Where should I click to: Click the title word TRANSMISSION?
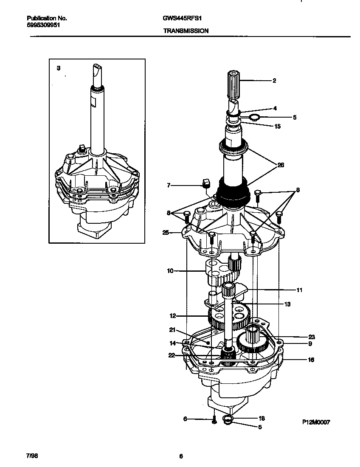click(x=186, y=31)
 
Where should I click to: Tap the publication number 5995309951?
click(x=43, y=25)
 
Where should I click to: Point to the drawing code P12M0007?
click(x=316, y=422)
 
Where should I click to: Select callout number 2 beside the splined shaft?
click(x=274, y=80)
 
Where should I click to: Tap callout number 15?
click(x=277, y=126)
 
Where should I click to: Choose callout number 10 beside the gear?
click(x=170, y=270)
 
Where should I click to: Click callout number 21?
click(x=172, y=330)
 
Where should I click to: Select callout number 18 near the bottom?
click(x=262, y=418)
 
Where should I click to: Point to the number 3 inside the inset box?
click(x=59, y=68)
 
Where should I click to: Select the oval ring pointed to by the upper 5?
click(x=254, y=117)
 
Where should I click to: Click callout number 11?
click(x=299, y=290)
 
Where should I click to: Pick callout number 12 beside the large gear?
click(x=172, y=316)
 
